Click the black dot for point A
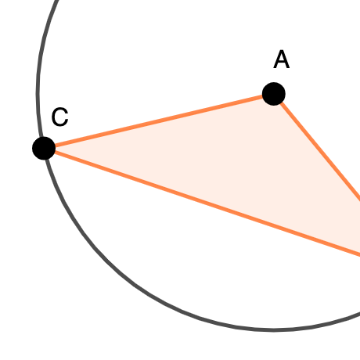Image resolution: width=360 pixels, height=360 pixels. [x=274, y=94]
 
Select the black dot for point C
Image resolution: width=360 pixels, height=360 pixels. [x=44, y=148]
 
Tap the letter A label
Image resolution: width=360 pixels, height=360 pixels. [x=282, y=59]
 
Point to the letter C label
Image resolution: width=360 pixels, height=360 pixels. [x=60, y=117]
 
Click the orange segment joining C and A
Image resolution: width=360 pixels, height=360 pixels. [x=159, y=121]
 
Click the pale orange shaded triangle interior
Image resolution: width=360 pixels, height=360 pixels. [x=235, y=162]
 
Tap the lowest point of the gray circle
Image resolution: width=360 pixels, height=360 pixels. [x=272, y=330]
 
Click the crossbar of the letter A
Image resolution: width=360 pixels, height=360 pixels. [x=282, y=63]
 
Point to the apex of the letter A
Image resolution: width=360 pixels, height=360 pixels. [x=282, y=51]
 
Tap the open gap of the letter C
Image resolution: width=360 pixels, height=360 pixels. [x=67, y=117]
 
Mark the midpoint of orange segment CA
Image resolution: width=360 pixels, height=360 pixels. [x=159, y=121]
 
